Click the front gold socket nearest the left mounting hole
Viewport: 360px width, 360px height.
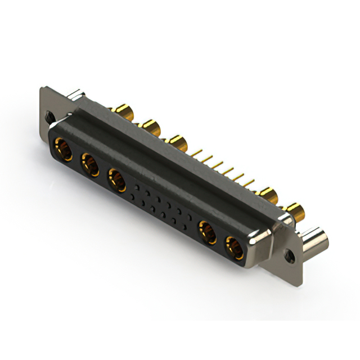point(61,150)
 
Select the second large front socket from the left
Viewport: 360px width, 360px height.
point(89,165)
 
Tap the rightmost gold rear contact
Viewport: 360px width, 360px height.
point(294,213)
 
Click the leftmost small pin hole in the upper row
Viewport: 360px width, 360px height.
point(136,186)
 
